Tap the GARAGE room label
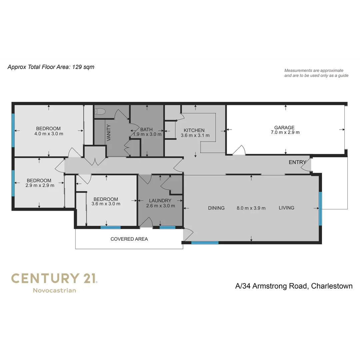click(x=284, y=127)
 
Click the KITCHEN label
click(x=194, y=130)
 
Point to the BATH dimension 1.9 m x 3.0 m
click(x=147, y=134)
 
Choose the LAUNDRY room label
click(x=160, y=201)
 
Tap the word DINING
click(x=216, y=208)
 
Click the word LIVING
click(x=286, y=208)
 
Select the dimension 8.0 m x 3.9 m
click(x=251, y=208)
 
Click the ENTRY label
click(x=297, y=162)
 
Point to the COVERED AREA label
click(x=129, y=239)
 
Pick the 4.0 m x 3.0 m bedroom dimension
click(x=49, y=134)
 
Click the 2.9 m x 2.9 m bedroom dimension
click(x=40, y=186)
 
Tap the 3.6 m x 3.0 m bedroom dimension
click(x=106, y=204)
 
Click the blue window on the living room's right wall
click(x=320, y=209)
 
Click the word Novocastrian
click(x=54, y=290)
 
